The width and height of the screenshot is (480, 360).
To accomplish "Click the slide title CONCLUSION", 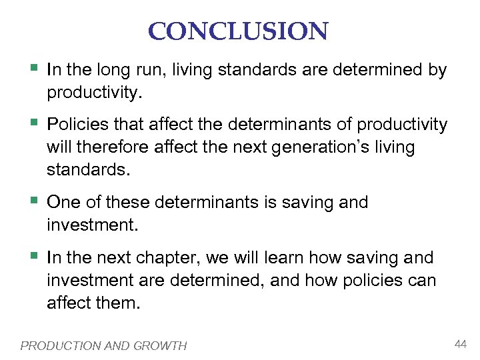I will [x=238, y=31].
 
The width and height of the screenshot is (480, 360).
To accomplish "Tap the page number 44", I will [x=461, y=343].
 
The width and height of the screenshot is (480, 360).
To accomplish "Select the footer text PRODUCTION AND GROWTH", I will [x=103, y=345].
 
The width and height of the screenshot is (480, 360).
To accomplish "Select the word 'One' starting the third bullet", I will [x=63, y=203].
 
